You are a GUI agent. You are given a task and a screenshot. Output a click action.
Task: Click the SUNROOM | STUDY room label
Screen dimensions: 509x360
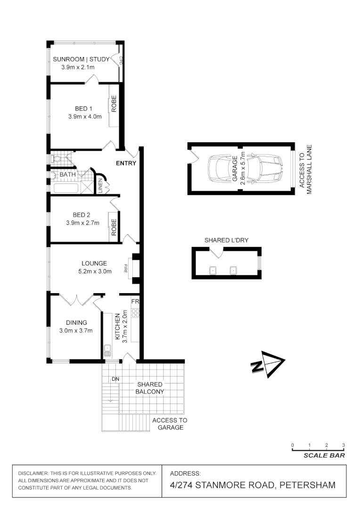pos(81,59)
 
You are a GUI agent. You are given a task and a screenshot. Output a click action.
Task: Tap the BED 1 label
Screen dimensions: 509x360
pos(83,108)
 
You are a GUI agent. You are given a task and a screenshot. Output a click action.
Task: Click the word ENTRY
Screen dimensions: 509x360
pos(126,164)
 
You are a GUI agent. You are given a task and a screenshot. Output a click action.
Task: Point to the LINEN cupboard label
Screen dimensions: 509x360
pos(100,185)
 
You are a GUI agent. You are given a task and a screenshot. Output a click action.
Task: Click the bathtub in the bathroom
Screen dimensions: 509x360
pos(65,189)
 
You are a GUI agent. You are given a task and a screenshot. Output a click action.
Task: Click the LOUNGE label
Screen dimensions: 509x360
pos(94,263)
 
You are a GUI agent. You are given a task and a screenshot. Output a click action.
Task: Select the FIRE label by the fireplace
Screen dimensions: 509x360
pos(126,269)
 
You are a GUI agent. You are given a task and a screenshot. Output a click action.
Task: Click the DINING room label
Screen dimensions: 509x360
pos(76,322)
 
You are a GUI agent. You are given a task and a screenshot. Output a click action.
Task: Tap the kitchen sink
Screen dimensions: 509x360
pos(107,350)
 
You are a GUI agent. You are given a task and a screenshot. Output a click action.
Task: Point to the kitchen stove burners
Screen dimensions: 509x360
pos(135,312)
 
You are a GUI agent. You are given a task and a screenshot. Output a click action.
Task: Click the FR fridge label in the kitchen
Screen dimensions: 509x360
pos(135,301)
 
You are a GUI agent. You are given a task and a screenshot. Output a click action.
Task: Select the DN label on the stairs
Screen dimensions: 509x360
pos(115,379)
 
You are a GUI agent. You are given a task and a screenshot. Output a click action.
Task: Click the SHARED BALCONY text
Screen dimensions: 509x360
pos(150,388)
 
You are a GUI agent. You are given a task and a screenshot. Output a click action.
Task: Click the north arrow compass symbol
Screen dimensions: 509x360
pos(267,364)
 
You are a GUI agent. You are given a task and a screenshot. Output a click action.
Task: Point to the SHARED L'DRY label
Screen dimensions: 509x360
pos(226,240)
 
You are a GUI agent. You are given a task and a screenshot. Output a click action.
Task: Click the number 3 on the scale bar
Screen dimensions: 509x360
pos(344,445)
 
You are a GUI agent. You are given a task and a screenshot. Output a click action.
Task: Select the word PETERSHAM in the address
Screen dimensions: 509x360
pos(307,485)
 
